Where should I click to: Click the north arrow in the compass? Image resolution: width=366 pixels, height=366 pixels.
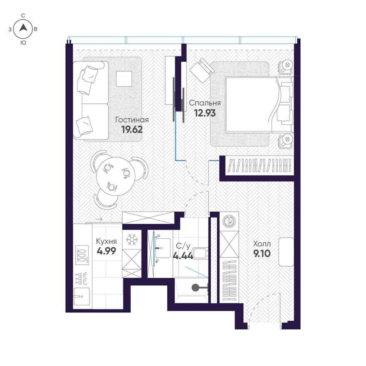[x=23, y=28]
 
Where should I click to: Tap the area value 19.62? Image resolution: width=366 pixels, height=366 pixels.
[x=132, y=129]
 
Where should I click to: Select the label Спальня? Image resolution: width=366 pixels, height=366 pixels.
[x=205, y=103]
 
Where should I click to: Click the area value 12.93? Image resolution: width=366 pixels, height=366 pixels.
[x=205, y=113]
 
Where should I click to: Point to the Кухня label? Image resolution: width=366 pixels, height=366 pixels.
[x=106, y=241]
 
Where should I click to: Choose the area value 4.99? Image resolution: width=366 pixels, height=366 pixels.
[x=106, y=251]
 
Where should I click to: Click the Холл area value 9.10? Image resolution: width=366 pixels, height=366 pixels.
[x=262, y=253]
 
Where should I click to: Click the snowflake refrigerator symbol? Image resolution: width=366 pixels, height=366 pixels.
[x=132, y=239]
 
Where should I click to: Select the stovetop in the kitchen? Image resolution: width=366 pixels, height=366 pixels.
[x=82, y=255]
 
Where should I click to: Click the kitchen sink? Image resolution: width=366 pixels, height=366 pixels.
[x=82, y=296]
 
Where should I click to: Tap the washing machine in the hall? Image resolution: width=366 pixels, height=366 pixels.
[x=229, y=221]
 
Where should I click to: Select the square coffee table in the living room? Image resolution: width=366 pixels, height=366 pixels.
[x=124, y=79]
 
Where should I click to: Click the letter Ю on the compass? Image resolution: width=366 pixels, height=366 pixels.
[x=23, y=43]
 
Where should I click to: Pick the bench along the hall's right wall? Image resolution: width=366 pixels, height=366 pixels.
[x=286, y=252]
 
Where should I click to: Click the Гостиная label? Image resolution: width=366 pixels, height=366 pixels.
[x=132, y=120]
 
